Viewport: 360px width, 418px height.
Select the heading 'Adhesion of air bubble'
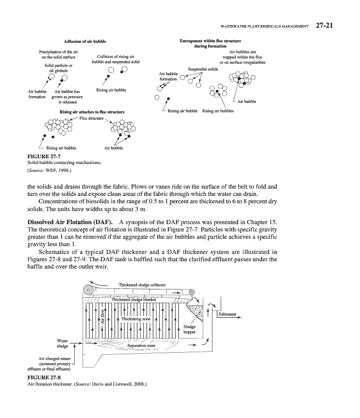pyautogui.click(x=84, y=40)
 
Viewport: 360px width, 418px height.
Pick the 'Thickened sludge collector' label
pyautogui.click(x=142, y=285)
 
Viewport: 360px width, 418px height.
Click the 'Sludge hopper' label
pyautogui.click(x=189, y=330)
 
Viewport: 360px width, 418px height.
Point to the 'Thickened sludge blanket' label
pyautogui.click(x=138, y=299)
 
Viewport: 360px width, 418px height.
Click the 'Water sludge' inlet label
pyautogui.click(x=62, y=343)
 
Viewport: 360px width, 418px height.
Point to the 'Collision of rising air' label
pyautogui.click(x=115, y=56)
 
